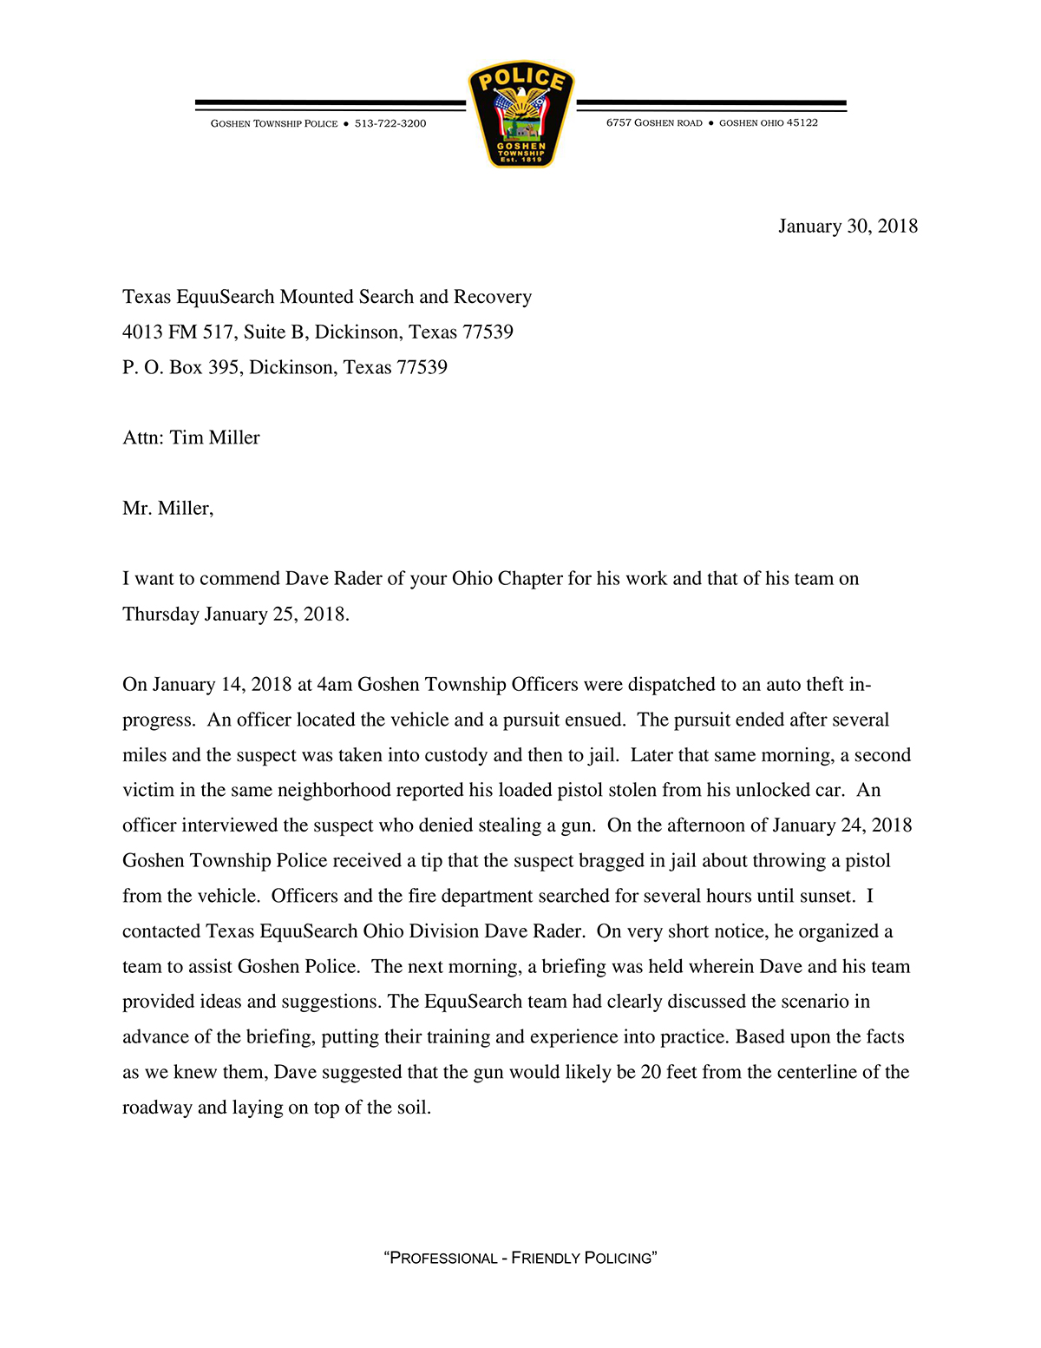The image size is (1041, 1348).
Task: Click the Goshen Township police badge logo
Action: pos(521,114)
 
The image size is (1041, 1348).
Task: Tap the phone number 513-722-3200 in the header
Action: pos(390,123)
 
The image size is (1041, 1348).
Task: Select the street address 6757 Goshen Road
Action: pos(654,122)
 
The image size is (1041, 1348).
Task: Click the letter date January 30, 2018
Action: pos(848,227)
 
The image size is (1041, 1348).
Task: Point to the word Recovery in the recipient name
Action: pos(493,297)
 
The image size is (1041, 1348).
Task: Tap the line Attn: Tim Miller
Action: pos(191,438)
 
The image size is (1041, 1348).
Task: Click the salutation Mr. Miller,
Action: pos(167,509)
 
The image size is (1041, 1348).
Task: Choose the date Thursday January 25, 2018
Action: pos(235,615)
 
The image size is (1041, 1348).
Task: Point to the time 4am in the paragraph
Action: pos(335,685)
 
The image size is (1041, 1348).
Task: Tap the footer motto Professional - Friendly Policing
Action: pos(520,1259)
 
